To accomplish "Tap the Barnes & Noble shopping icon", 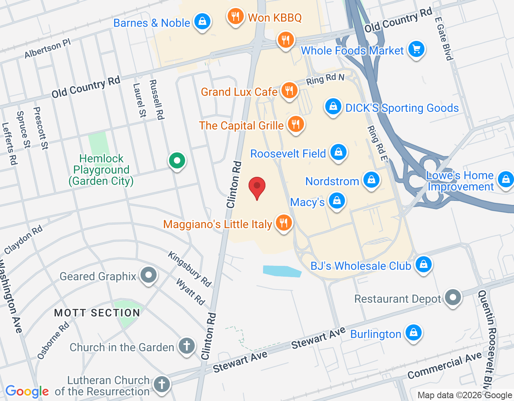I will pyautogui.click(x=202, y=21).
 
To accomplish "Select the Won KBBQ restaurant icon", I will pyautogui.click(x=235, y=16).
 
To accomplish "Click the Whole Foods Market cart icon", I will pyautogui.click(x=416, y=49).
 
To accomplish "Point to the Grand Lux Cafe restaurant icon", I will pyautogui.click(x=289, y=91).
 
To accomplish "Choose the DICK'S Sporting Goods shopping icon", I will pyautogui.click(x=333, y=107).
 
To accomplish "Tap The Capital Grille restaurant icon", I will pyautogui.click(x=296, y=124).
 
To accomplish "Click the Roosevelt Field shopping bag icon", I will pyautogui.click(x=338, y=152).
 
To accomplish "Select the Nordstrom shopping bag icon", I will pyautogui.click(x=371, y=180).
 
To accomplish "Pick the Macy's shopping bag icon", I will pyautogui.click(x=337, y=201).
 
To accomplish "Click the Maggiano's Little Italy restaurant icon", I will pyautogui.click(x=284, y=223).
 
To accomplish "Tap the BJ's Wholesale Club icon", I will pyautogui.click(x=423, y=265).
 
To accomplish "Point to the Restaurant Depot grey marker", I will pyautogui.click(x=453, y=298).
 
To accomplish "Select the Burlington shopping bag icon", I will pyautogui.click(x=413, y=333).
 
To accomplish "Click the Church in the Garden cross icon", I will pyautogui.click(x=186, y=346).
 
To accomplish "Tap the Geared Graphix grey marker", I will pyautogui.click(x=149, y=275).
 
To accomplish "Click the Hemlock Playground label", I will pyautogui.click(x=101, y=170).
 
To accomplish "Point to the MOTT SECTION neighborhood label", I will pyautogui.click(x=97, y=313).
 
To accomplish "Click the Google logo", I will pyautogui.click(x=27, y=391).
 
